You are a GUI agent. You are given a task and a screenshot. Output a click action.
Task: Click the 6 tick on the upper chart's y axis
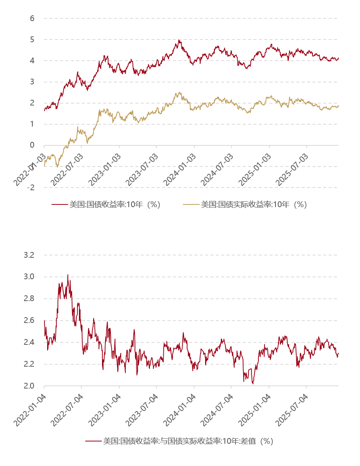coord(32,18)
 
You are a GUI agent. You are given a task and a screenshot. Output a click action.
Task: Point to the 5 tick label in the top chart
coord(32,40)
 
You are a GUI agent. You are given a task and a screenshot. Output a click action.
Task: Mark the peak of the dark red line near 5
coord(179,40)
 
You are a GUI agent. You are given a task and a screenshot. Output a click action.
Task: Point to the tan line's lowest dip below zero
coord(58,167)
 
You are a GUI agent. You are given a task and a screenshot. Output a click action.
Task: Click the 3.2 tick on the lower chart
coord(30,255)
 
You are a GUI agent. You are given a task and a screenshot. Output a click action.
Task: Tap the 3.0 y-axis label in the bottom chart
coord(30,277)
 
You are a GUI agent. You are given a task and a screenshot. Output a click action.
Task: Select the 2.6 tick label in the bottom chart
coord(30,321)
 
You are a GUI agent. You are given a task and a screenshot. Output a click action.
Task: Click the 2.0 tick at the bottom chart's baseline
coord(30,386)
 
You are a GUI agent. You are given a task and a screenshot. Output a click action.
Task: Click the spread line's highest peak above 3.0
coord(68,275)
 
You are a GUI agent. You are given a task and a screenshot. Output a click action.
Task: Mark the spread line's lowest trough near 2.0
coord(253,384)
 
